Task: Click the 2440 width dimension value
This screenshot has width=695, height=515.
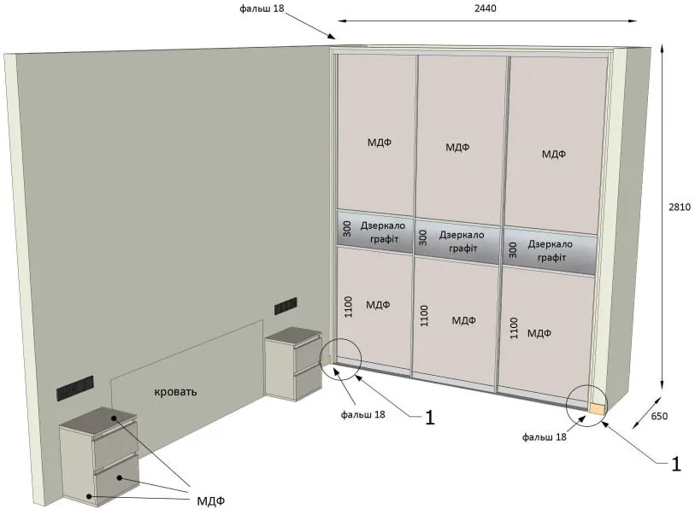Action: [x=486, y=9]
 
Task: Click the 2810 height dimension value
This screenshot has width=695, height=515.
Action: [x=680, y=207]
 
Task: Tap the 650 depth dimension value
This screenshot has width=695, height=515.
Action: [x=660, y=416]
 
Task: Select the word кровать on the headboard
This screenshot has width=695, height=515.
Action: [x=175, y=392]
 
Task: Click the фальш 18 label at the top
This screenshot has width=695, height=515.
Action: [x=262, y=9]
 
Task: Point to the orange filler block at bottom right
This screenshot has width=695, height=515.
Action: [x=597, y=408]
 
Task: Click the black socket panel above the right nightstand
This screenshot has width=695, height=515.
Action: [x=286, y=306]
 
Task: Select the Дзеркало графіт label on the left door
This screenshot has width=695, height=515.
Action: [x=382, y=232]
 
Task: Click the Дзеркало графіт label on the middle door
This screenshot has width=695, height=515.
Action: [x=462, y=242]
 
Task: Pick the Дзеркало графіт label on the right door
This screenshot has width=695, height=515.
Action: [x=550, y=250]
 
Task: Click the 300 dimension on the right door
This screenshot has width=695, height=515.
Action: [x=513, y=250]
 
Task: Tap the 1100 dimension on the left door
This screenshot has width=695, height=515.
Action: [x=348, y=307]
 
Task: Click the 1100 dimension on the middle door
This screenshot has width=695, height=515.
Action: [x=424, y=316]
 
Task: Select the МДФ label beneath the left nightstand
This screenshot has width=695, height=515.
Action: [x=211, y=500]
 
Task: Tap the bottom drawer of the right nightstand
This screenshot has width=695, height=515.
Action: [x=308, y=382]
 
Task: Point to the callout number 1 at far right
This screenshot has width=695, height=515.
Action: [x=676, y=464]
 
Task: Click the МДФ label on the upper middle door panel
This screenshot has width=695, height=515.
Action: [x=457, y=148]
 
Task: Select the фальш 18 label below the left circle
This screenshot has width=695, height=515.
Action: [x=363, y=414]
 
